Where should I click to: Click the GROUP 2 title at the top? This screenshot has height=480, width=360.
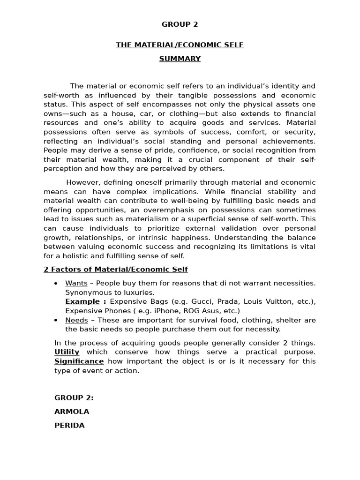(x=180, y=25)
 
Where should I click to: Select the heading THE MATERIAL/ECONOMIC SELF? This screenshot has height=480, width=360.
(x=180, y=45)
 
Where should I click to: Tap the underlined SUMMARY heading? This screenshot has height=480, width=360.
(x=180, y=59)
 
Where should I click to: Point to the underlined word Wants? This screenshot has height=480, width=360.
(x=76, y=283)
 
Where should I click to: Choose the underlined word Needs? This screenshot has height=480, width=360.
(x=76, y=320)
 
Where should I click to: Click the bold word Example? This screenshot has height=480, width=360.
(x=82, y=301)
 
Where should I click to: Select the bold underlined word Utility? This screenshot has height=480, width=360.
(x=67, y=352)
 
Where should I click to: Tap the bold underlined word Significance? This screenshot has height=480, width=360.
(x=79, y=361)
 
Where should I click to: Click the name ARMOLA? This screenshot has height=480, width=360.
(x=72, y=412)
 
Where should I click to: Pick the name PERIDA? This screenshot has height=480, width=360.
(x=69, y=426)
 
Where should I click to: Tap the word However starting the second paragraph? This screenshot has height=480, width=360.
(x=82, y=182)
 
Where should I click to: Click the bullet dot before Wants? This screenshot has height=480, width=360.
(x=56, y=284)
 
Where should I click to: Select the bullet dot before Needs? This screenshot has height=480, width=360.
(x=56, y=321)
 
